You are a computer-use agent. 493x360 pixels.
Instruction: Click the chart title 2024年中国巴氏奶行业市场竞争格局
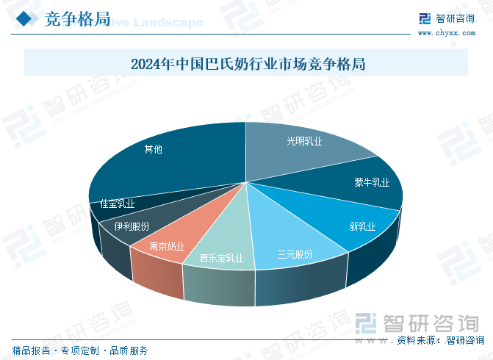click(x=248, y=63)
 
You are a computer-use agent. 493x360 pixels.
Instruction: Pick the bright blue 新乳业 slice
click(x=362, y=226)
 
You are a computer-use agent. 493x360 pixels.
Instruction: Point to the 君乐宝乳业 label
click(x=222, y=259)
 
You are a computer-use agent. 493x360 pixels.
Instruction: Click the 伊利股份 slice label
click(x=132, y=226)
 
